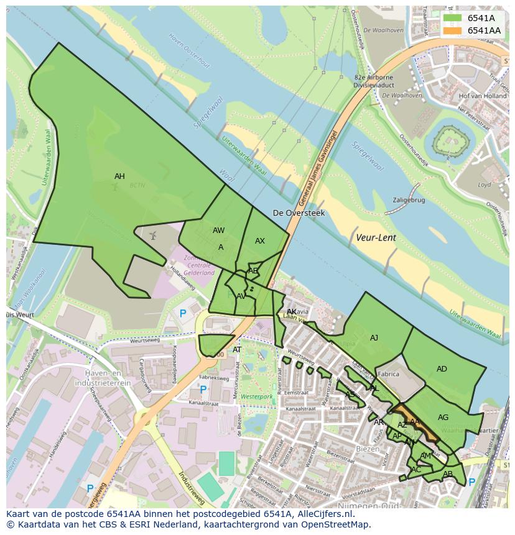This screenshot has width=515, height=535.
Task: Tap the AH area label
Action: point(119,176)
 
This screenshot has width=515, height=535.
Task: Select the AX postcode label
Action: point(260,241)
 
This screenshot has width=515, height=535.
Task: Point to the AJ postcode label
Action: point(374,338)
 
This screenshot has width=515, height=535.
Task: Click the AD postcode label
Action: point(442,369)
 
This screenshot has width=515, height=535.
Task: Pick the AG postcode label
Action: point(443,418)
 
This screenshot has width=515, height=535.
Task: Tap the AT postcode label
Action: point(237,350)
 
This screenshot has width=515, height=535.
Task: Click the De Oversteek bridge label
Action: point(299,213)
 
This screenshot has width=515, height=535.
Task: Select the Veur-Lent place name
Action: point(376,237)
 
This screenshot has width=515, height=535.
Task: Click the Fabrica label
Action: point(388,375)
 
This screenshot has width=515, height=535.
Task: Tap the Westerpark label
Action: point(256,396)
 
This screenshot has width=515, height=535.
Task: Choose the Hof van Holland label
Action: point(482,96)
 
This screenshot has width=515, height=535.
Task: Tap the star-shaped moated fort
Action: point(453,143)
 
